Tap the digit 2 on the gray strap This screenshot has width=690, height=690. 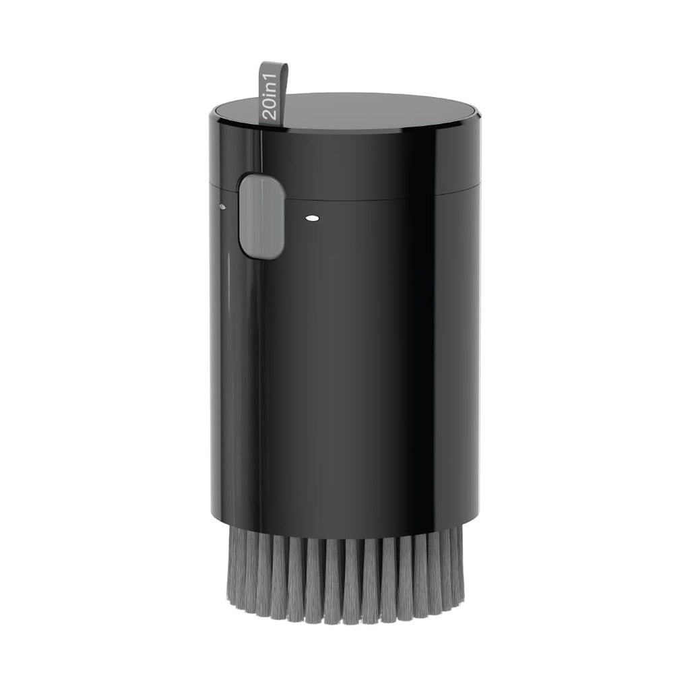point(270,114)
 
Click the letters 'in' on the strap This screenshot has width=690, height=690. point(270,90)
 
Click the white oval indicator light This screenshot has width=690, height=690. point(311,218)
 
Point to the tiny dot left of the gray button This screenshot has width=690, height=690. point(222,206)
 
